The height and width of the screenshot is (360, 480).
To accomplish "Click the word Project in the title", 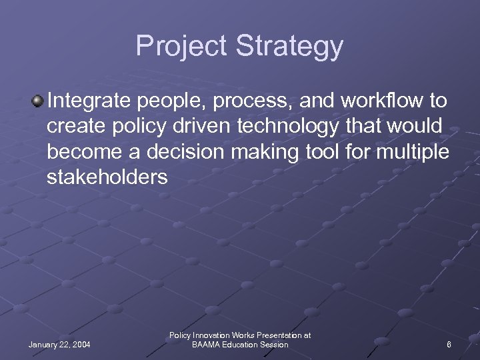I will (181, 47).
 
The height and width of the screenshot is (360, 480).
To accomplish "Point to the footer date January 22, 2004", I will (59, 345).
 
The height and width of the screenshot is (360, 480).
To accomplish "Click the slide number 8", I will (449, 345).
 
